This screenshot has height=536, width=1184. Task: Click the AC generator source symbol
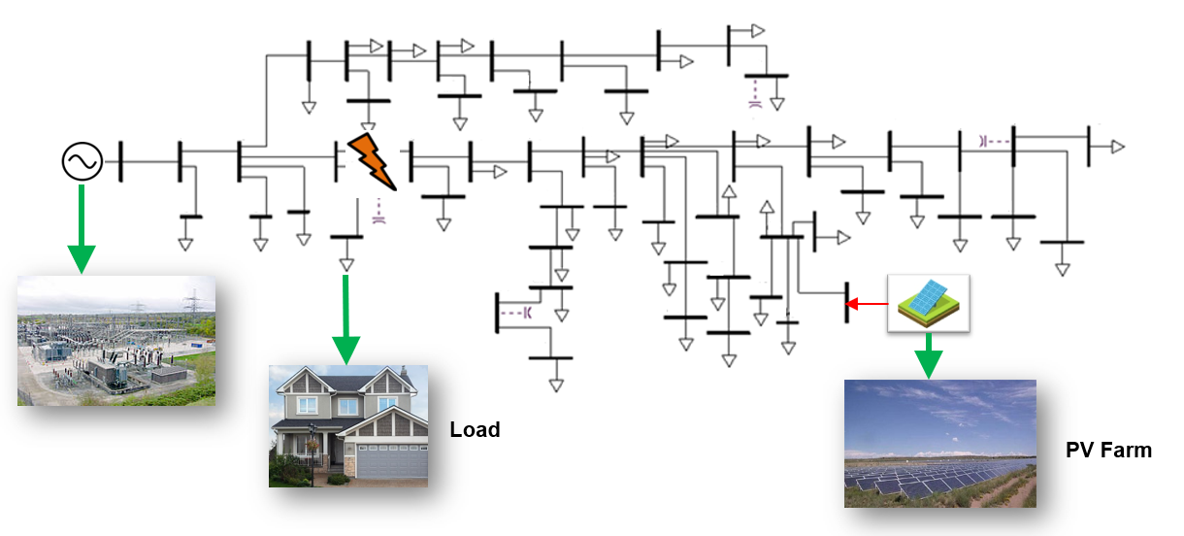(82, 161)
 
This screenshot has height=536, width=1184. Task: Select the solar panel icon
(929, 302)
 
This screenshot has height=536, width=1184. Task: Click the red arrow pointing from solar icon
(867, 306)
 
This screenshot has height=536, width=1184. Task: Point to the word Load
(475, 429)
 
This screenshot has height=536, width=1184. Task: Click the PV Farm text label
(1108, 451)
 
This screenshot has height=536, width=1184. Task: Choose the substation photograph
(116, 340)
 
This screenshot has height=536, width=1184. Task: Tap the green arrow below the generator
(82, 229)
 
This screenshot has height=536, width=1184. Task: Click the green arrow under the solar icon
(929, 355)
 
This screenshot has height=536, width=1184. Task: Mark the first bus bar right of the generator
(121, 161)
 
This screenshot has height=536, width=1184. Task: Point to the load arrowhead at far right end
(1118, 147)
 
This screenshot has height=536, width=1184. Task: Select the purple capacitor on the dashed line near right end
(984, 141)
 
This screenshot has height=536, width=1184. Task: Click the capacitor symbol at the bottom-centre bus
(528, 313)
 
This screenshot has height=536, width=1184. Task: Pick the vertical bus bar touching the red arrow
(847, 304)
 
